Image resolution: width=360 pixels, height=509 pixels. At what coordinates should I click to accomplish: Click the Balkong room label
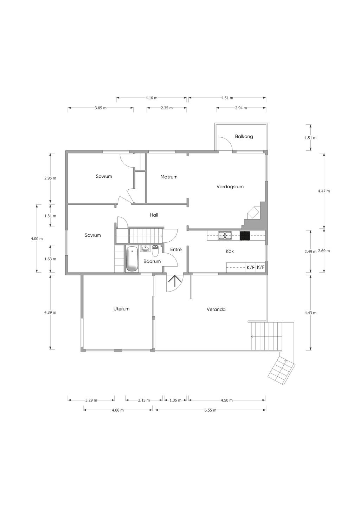coord(244,137)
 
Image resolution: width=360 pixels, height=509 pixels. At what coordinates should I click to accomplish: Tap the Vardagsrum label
coord(230,187)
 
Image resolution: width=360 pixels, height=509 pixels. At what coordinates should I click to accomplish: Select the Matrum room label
coord(169,177)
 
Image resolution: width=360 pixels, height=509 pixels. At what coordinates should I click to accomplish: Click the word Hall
coord(154,215)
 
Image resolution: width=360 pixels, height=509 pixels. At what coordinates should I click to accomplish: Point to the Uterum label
coord(121,308)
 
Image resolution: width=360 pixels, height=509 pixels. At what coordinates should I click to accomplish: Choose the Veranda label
coord(216,309)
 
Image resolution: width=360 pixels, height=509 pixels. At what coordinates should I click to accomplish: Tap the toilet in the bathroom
coord(155,251)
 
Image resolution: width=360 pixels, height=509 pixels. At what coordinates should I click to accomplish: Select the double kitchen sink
coord(225,235)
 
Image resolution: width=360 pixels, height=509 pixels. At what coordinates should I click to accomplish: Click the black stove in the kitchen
coord(245,235)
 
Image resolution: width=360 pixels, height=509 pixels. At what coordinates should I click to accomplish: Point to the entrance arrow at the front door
coord(175,281)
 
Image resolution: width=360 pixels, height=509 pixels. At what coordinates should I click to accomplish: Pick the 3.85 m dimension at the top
coord(101,108)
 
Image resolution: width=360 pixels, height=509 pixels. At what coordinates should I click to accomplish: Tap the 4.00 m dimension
coord(37,239)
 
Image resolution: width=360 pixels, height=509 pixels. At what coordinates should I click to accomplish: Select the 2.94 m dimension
coord(241,108)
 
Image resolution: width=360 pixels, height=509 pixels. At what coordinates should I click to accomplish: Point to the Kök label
coord(230,251)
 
